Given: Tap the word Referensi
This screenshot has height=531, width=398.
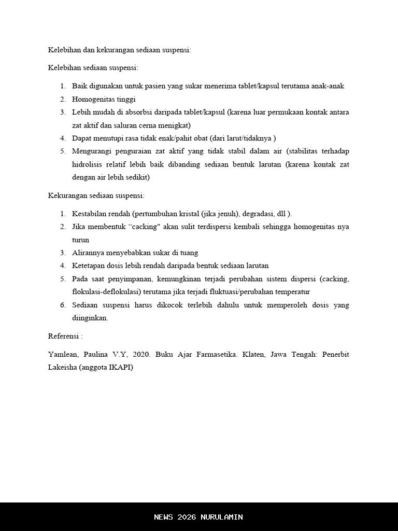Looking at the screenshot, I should pyautogui.click(x=63, y=336).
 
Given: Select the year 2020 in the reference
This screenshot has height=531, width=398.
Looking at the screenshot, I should pyautogui.click(x=141, y=355).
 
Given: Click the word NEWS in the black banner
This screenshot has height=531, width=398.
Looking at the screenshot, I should pyautogui.click(x=164, y=517).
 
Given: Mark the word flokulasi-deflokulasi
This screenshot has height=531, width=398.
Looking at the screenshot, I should pyautogui.click(x=107, y=291).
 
